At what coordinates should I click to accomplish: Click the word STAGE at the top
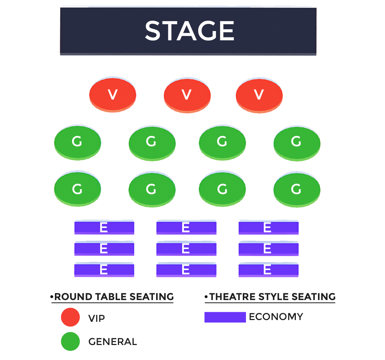(x=189, y=31)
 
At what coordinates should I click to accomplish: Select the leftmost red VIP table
(x=113, y=95)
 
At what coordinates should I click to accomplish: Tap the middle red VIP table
(x=187, y=95)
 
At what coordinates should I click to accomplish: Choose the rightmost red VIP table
(x=259, y=95)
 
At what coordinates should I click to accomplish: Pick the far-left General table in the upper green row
(x=77, y=142)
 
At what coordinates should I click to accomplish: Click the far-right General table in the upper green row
(x=297, y=142)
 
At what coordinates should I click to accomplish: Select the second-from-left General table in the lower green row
(x=152, y=189)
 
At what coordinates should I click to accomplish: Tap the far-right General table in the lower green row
(x=297, y=189)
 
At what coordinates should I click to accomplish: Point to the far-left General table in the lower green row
(x=77, y=189)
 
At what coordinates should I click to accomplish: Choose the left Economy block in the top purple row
(x=104, y=228)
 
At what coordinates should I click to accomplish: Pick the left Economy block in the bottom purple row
(x=104, y=270)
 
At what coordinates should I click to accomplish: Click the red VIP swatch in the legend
(x=70, y=317)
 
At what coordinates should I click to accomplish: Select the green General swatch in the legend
(x=70, y=341)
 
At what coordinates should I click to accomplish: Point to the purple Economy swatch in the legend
(x=225, y=317)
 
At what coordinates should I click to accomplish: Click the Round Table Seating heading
(x=113, y=297)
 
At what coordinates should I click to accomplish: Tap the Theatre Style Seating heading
(x=272, y=297)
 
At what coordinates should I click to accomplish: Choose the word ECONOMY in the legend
(x=276, y=316)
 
